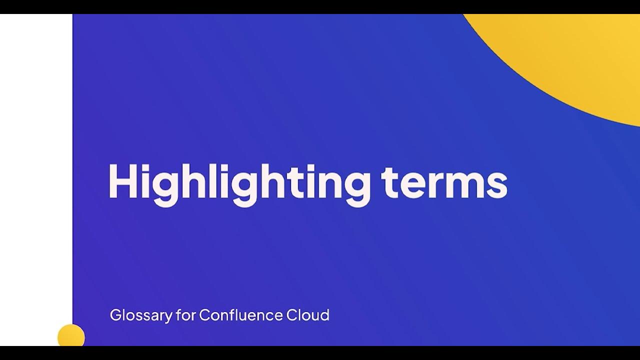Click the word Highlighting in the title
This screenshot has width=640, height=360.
tap(239, 181)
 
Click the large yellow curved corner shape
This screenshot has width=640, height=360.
tap(575, 55)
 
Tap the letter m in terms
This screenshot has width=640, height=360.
tap(465, 185)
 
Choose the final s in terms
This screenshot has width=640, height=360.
tap(497, 185)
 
